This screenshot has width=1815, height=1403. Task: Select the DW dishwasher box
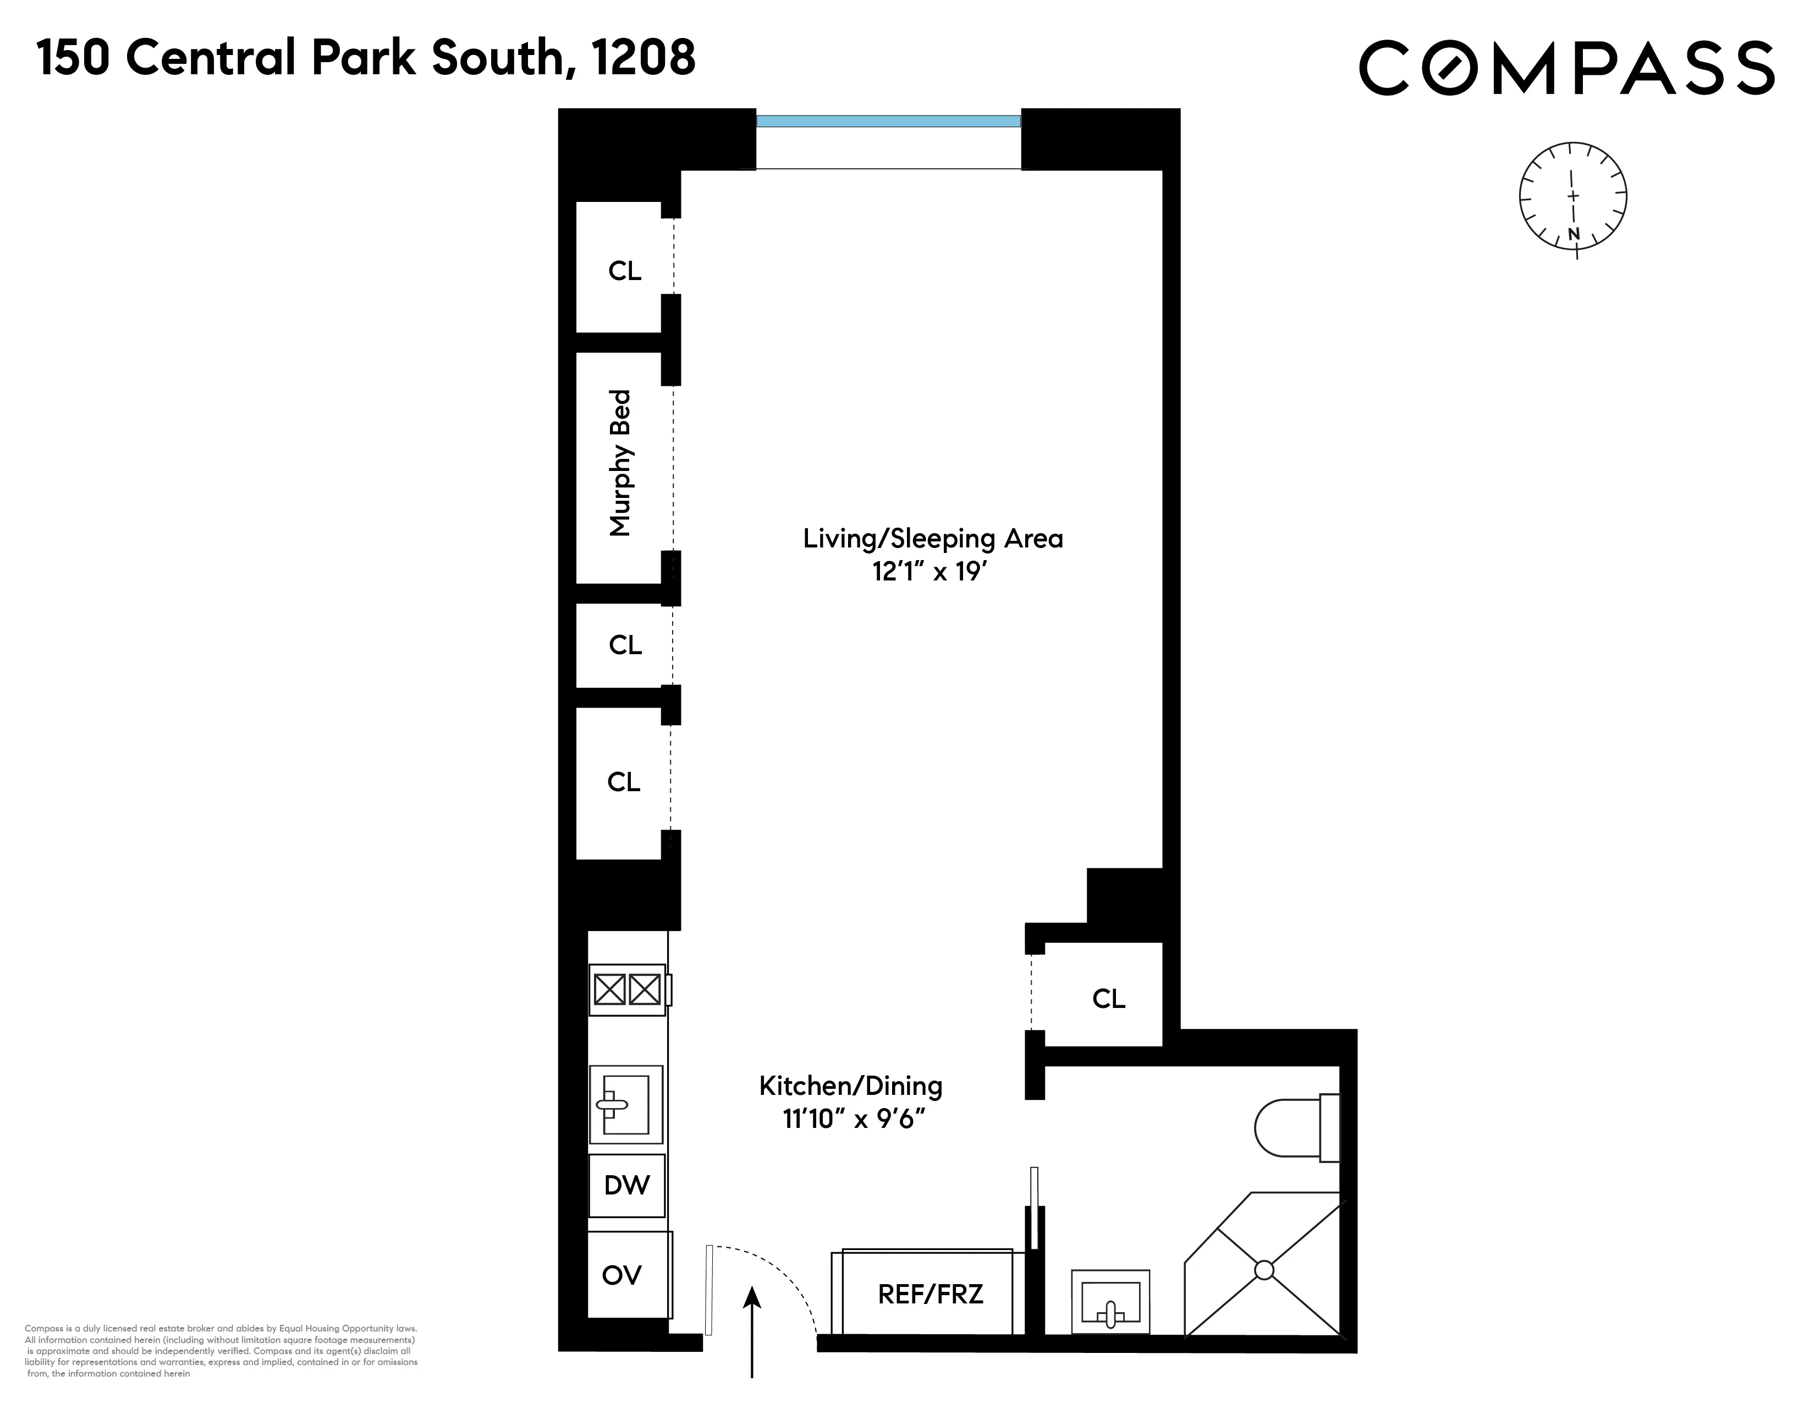[x=626, y=1185]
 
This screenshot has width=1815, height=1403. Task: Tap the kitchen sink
[x=626, y=1105]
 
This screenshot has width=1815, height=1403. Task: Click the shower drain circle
[x=1263, y=1270]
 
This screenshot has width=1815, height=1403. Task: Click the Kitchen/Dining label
[x=850, y=1086]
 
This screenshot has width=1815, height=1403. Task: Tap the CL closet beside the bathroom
[x=1108, y=998]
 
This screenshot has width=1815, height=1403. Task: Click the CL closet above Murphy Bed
[x=625, y=271]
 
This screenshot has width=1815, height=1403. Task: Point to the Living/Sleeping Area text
[x=932, y=539]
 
